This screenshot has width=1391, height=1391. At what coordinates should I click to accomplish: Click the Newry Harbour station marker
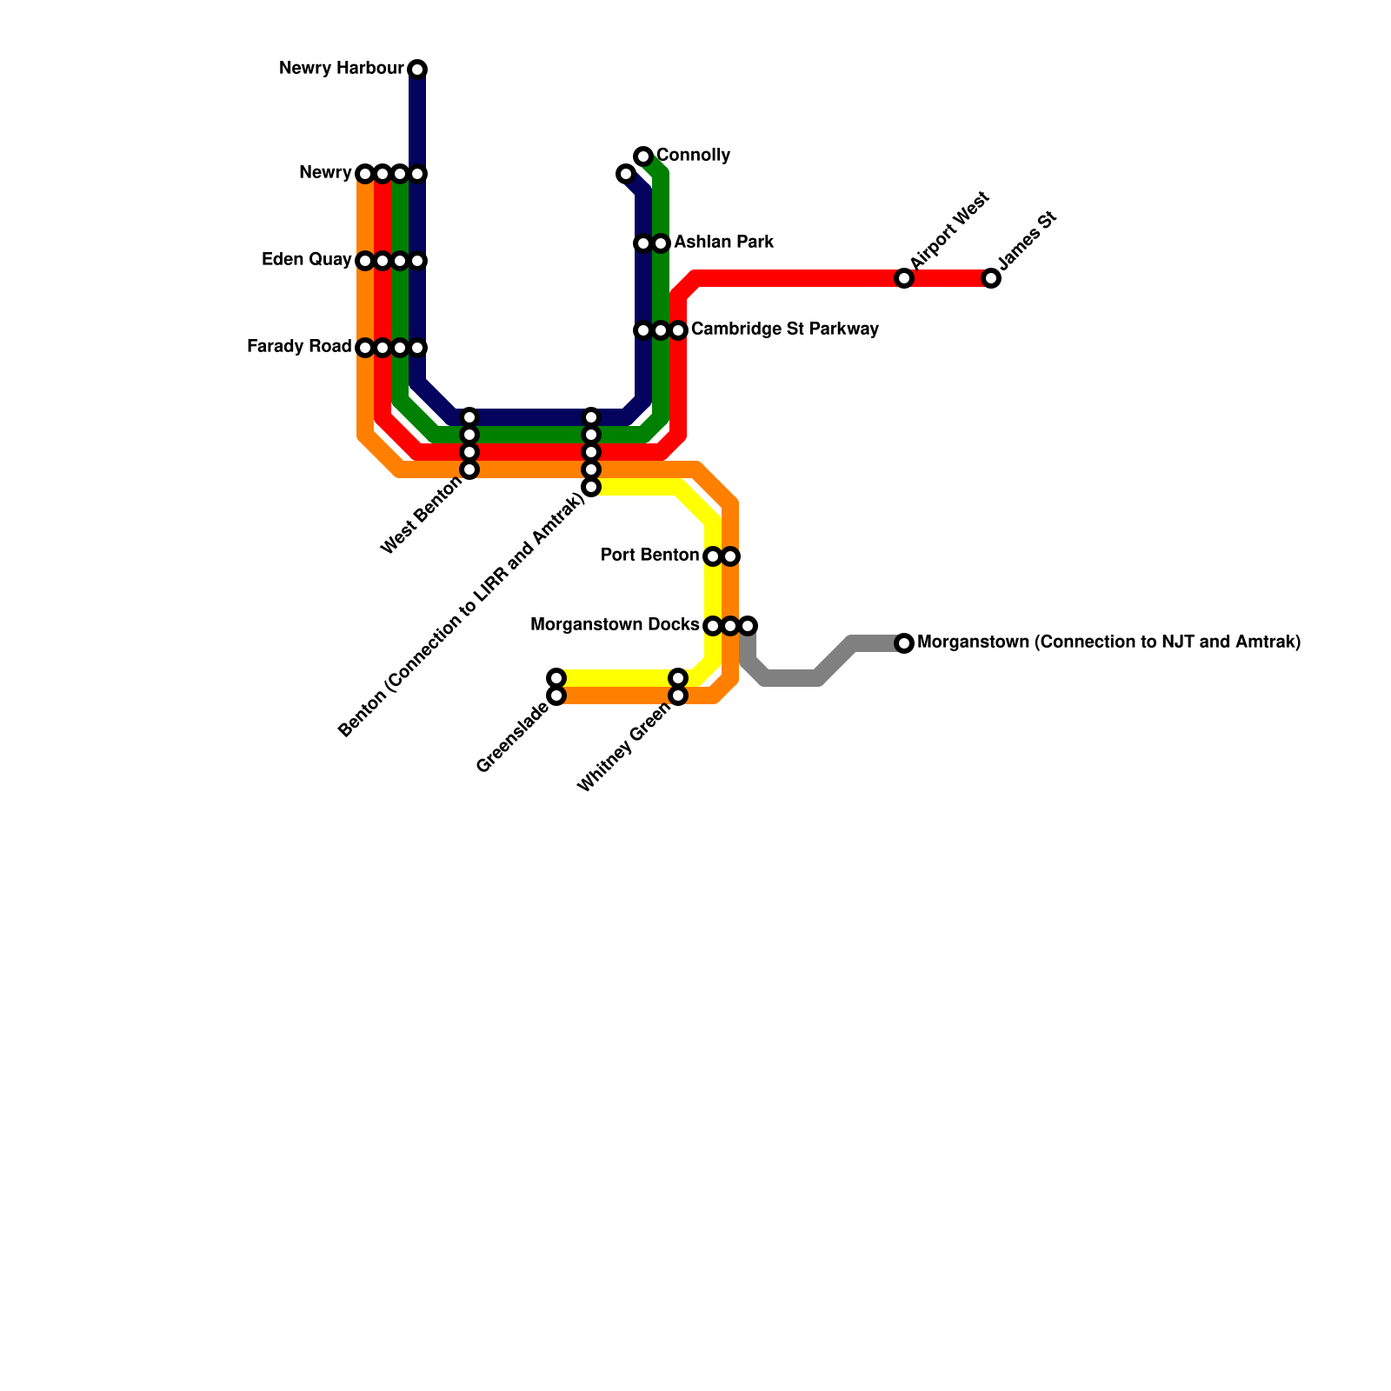click(x=417, y=70)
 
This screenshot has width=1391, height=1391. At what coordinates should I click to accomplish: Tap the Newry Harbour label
click(x=341, y=69)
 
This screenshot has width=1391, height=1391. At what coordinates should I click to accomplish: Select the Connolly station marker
click(x=643, y=156)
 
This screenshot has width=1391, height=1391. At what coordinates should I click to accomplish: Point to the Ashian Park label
click(x=723, y=243)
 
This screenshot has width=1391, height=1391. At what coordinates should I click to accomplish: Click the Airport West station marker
click(x=904, y=278)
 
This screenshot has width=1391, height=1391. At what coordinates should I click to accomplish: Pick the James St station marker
click(x=991, y=278)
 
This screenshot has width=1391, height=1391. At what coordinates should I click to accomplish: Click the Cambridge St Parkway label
click(x=784, y=329)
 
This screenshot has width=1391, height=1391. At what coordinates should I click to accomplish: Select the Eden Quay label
click(x=306, y=260)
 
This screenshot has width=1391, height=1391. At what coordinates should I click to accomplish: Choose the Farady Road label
click(x=299, y=347)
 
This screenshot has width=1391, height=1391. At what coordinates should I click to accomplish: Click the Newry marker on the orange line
click(x=365, y=174)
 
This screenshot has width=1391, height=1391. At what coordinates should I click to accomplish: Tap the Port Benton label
click(x=649, y=556)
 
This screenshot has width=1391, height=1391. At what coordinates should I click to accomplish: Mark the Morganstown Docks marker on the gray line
click(x=748, y=626)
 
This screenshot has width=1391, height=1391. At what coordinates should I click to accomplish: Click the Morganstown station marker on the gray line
click(x=904, y=643)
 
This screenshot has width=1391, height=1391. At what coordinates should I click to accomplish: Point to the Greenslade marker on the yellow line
click(x=556, y=678)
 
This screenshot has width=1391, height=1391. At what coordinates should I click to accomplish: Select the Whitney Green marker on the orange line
click(x=678, y=695)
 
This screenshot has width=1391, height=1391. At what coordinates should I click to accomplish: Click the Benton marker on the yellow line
click(x=591, y=487)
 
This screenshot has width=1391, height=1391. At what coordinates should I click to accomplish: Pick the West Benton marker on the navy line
click(x=469, y=417)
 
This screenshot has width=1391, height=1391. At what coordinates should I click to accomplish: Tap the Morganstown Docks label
click(x=614, y=625)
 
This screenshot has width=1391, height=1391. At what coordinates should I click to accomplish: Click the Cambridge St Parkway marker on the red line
click(x=678, y=330)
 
